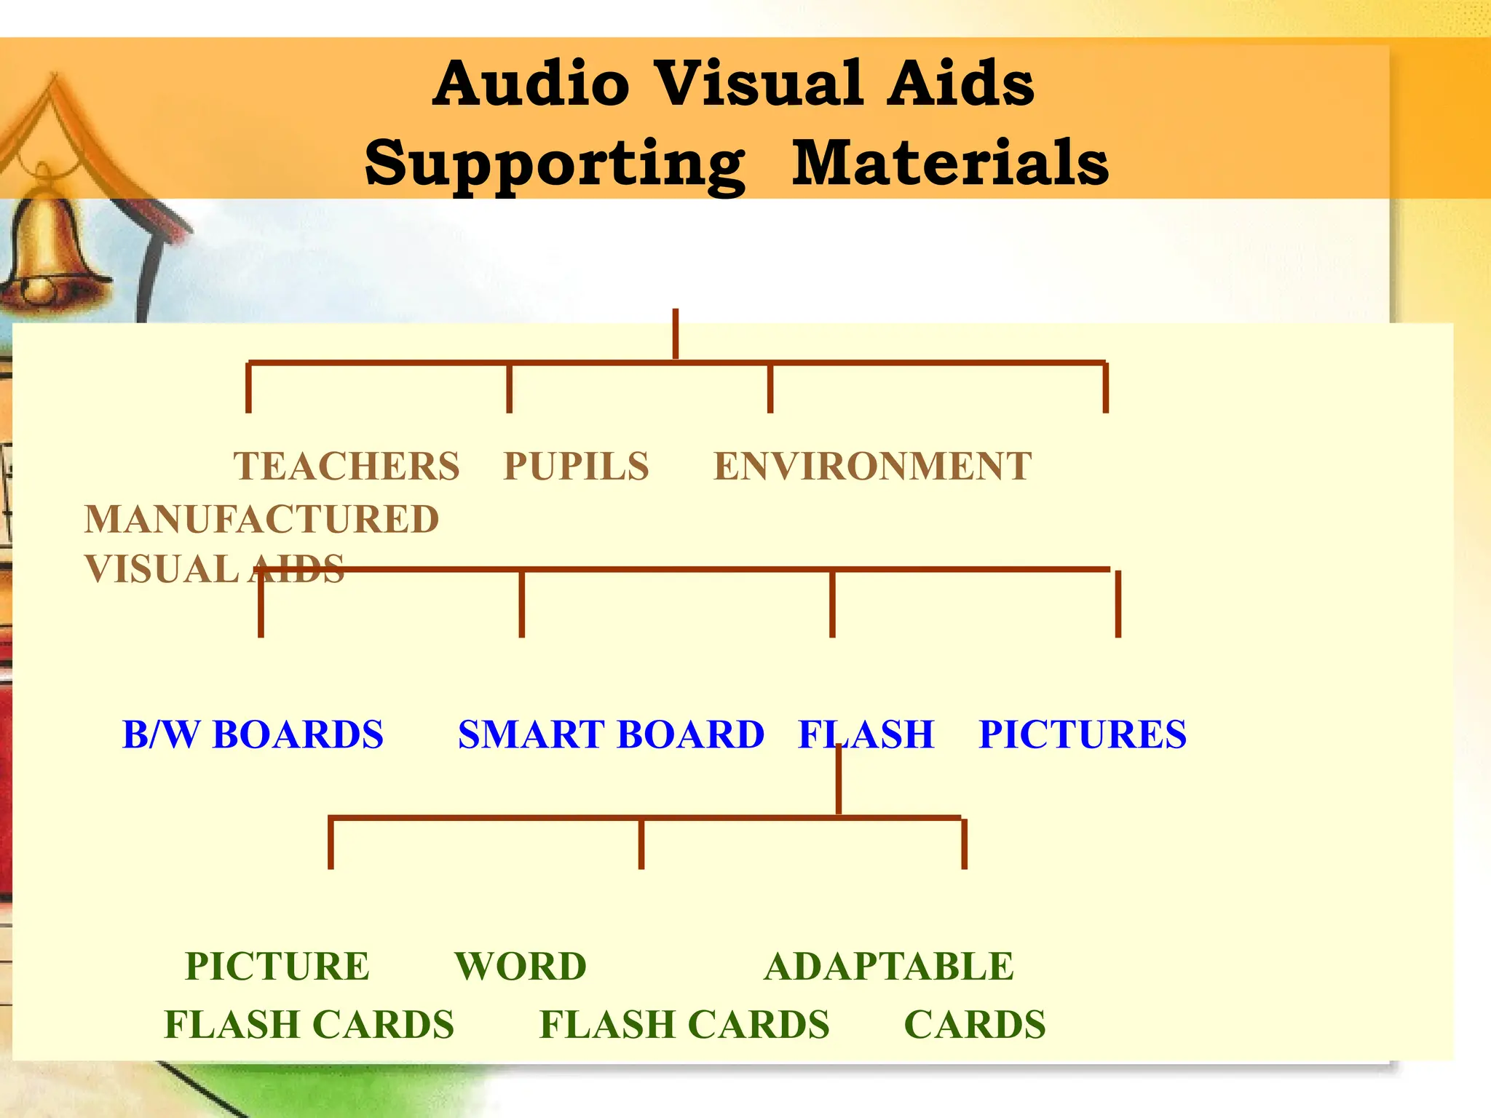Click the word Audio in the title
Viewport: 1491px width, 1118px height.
click(x=531, y=84)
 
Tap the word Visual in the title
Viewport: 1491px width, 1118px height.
click(x=758, y=84)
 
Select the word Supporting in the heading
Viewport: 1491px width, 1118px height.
click(x=555, y=164)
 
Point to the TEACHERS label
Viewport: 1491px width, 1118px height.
click(x=347, y=467)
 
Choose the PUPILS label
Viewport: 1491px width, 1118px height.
click(x=576, y=467)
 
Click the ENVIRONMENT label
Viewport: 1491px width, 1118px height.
click(x=872, y=467)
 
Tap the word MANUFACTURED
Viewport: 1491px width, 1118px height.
click(x=262, y=520)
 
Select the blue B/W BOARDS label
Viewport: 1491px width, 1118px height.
click(x=253, y=734)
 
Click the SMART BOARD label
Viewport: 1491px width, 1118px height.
click(x=611, y=734)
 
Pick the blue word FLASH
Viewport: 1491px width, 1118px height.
click(x=866, y=734)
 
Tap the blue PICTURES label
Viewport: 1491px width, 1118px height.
click(x=1083, y=734)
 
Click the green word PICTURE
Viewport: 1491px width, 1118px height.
click(x=277, y=967)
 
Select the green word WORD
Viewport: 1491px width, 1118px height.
click(x=521, y=967)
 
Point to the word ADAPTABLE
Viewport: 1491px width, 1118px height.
click(x=889, y=967)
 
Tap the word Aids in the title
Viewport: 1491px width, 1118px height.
click(x=961, y=84)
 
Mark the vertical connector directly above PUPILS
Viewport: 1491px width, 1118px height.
click(x=510, y=388)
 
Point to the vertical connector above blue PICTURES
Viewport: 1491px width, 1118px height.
click(x=1118, y=604)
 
